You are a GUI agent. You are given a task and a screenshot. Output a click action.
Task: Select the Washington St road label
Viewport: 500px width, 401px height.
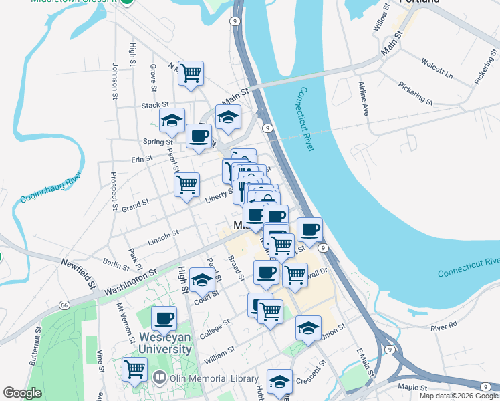coord(130,281)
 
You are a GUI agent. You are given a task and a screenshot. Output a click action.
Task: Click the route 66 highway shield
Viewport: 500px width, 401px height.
coord(64,305)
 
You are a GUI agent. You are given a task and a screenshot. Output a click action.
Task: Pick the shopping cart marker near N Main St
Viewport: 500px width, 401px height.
coord(191,74)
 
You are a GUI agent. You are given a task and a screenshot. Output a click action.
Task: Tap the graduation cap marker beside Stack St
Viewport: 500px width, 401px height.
coord(172,121)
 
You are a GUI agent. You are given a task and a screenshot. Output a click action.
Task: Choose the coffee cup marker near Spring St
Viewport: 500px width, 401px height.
coord(199,136)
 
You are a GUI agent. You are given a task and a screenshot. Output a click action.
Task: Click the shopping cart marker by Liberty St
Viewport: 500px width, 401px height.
coord(186,184)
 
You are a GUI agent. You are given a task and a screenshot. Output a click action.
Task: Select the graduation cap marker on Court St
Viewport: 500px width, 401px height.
coord(201,281)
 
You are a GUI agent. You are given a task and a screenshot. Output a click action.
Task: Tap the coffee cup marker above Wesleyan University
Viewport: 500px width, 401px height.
coord(164,319)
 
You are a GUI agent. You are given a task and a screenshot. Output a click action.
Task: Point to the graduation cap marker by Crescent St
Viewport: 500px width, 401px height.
coord(279,382)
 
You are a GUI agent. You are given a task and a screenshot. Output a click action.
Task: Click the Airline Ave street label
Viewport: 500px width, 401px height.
coord(364,98)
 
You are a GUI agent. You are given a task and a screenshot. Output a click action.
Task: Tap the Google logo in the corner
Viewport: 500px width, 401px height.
coord(23,393)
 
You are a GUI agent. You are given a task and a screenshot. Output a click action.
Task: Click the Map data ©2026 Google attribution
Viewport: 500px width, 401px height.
coord(459,396)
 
